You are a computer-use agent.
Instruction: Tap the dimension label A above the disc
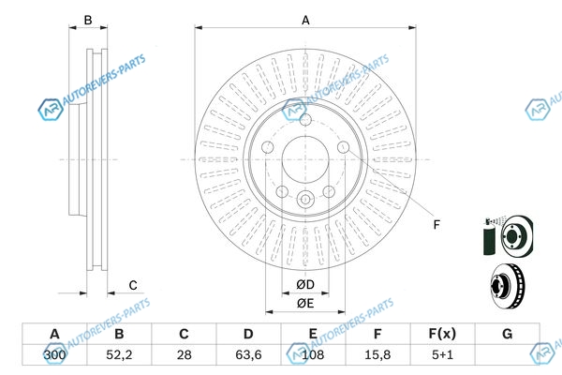pyautogui.click(x=305, y=20)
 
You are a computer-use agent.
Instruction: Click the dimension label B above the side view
pyautogui.click(x=88, y=20)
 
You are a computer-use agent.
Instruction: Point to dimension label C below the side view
pyautogui.click(x=133, y=285)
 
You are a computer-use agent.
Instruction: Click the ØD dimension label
pyautogui.click(x=305, y=285)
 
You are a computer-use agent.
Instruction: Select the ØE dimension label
pyautogui.click(x=305, y=304)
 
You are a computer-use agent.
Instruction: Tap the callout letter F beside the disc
pyautogui.click(x=436, y=223)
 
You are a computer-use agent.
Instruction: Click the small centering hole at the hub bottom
pyautogui.click(x=305, y=199)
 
